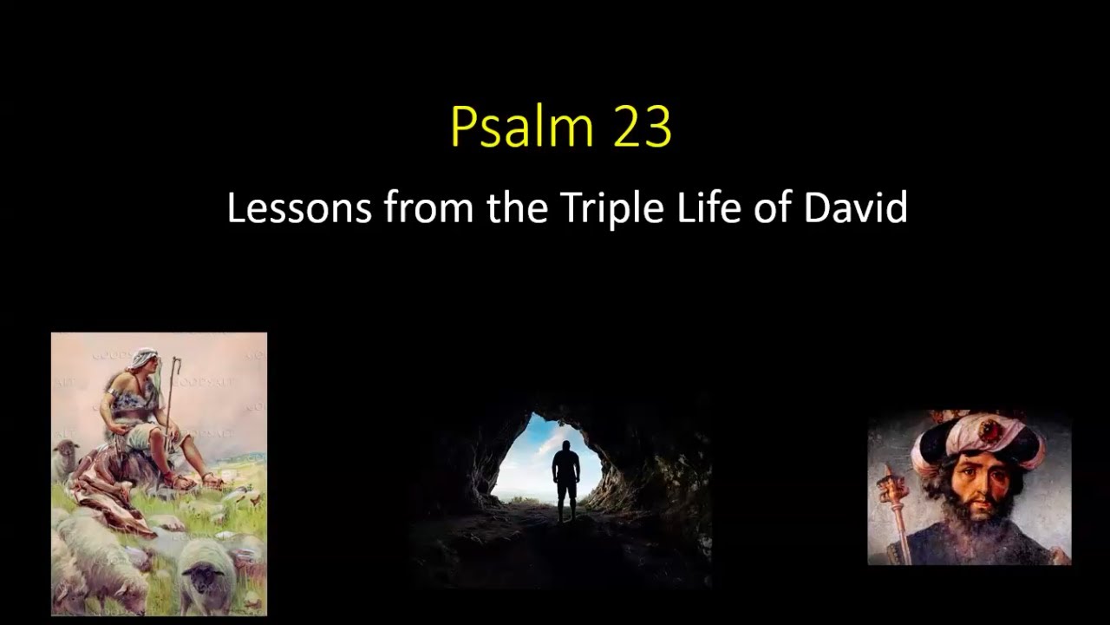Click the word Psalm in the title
click(x=522, y=126)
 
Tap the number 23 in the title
click(x=643, y=127)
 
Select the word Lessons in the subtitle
click(x=299, y=207)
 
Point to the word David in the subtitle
click(x=855, y=207)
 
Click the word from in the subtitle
click(x=428, y=207)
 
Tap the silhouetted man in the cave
click(x=565, y=481)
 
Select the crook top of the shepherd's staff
click(x=176, y=362)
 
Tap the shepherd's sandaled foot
click(x=212, y=479)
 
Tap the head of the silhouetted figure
click(x=565, y=446)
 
